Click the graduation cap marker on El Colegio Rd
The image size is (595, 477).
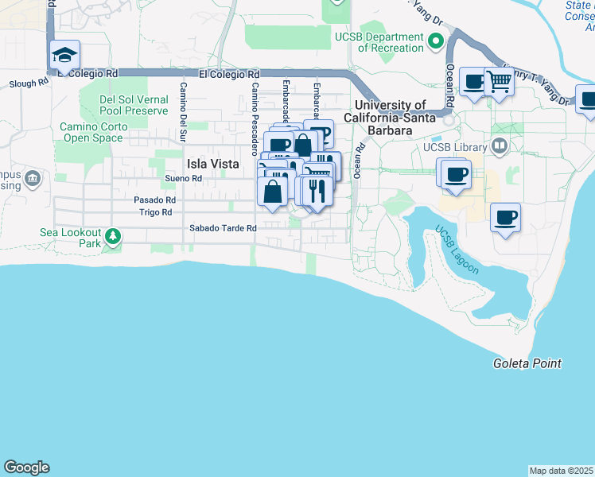64,56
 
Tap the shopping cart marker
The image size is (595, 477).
498,80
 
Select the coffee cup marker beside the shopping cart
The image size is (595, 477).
474,81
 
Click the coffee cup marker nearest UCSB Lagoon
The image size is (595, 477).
505,216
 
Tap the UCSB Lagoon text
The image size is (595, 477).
457,250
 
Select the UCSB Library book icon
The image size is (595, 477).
499,146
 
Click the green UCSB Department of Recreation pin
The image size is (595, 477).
435,41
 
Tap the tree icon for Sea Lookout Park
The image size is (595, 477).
113,236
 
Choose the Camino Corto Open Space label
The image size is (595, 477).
90,132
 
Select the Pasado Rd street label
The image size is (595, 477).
154,200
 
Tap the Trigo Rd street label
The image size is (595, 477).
156,212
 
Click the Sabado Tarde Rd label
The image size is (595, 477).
223,228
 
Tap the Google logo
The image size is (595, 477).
26,467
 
